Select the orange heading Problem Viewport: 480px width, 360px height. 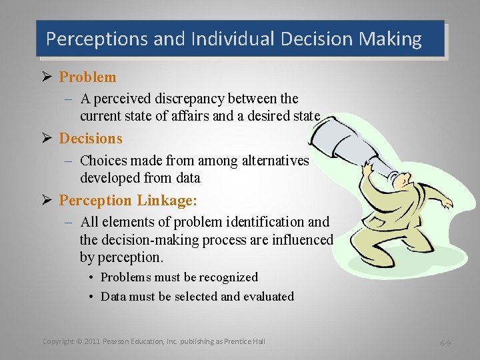click(x=87, y=77)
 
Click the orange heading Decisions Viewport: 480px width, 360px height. click(x=91, y=139)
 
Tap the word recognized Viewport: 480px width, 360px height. click(x=225, y=277)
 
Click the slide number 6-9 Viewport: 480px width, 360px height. click(x=446, y=343)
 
